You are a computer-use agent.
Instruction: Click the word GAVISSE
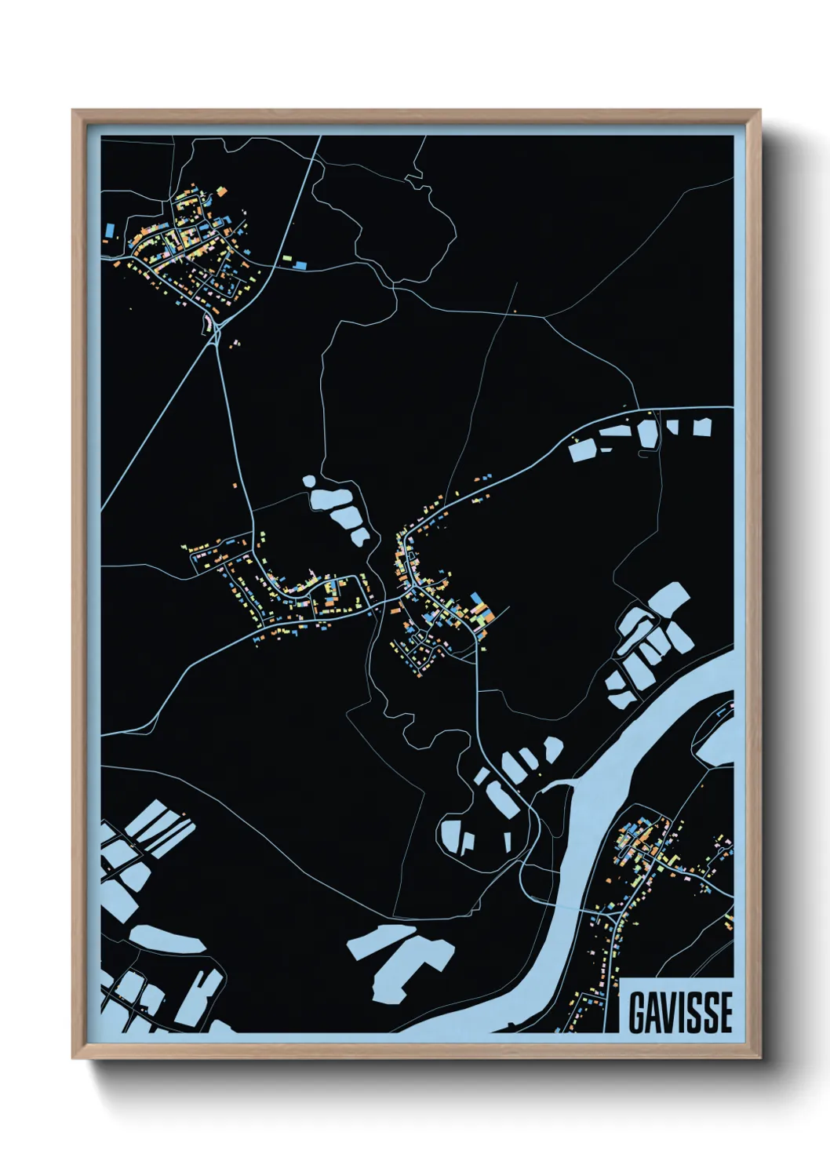pos(680,1012)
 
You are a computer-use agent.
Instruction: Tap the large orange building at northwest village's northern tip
pos(222,191)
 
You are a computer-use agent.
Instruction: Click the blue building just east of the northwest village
pos(300,265)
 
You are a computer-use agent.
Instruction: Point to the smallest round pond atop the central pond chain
pos(308,480)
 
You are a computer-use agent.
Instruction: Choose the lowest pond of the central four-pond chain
pos(360,537)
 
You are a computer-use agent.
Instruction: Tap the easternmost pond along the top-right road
pos(701,428)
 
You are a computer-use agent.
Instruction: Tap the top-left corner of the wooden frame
pos(75,113)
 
